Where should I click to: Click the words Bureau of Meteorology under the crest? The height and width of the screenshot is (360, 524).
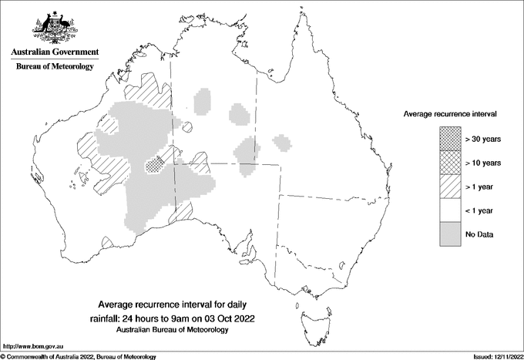(55, 67)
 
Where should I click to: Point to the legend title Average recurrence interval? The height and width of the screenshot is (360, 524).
(450, 113)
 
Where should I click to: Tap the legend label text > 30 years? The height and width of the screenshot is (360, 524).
(483, 139)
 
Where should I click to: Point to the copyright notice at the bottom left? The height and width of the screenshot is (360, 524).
(79, 356)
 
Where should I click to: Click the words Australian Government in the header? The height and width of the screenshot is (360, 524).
(55, 52)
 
